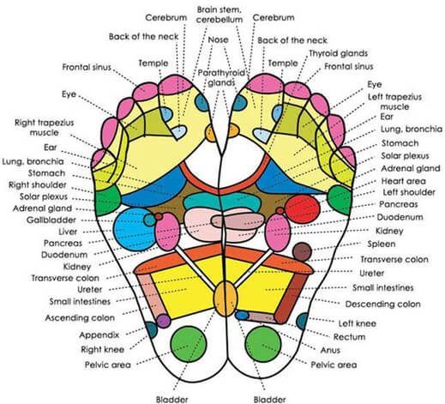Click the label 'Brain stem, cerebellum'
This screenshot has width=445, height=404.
(x=219, y=15)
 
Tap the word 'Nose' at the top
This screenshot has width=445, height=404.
(x=218, y=39)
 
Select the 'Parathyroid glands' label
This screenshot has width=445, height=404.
(x=221, y=78)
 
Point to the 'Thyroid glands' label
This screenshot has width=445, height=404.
(x=338, y=53)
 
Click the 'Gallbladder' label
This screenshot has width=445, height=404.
(x=51, y=220)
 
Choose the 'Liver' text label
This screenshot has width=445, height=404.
(x=68, y=232)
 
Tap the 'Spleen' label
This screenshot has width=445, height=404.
(x=382, y=244)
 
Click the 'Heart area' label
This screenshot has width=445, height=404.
(x=403, y=181)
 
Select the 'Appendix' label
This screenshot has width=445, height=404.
(x=99, y=335)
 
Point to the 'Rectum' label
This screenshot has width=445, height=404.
(x=349, y=337)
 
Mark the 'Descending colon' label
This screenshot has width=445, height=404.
(x=382, y=304)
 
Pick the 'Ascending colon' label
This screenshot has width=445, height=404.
(x=80, y=318)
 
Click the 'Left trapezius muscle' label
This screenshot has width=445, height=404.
(x=394, y=102)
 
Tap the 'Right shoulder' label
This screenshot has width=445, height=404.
(x=38, y=185)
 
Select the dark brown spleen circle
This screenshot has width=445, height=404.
(x=302, y=252)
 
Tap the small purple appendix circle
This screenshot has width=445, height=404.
(x=164, y=321)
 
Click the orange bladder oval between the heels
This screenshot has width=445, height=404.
(x=226, y=298)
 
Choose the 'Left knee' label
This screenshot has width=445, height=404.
(x=358, y=323)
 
